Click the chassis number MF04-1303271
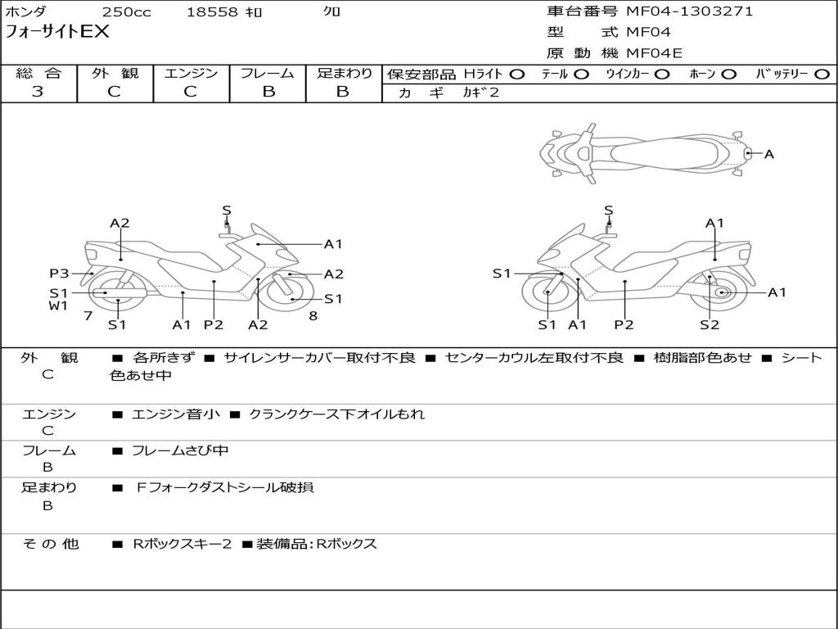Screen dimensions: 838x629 click(x=689, y=11)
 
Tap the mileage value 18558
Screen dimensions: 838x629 click(x=212, y=12)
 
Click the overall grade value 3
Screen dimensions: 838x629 click(x=38, y=92)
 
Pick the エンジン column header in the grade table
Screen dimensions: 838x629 click(x=191, y=74)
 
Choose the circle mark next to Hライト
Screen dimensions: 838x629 click(x=517, y=75)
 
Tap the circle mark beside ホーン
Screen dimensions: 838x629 click(x=729, y=75)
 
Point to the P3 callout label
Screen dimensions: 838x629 click(x=59, y=274)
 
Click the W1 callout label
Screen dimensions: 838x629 click(x=57, y=306)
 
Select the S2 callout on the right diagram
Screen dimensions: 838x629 click(x=709, y=324)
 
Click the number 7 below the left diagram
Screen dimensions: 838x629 click(x=88, y=315)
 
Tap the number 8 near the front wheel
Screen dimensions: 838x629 click(x=313, y=315)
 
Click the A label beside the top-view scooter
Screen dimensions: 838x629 click(x=768, y=153)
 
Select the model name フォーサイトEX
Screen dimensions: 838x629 click(x=57, y=33)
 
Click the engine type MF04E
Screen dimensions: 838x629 click(x=654, y=54)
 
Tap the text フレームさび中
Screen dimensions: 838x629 click(x=180, y=450)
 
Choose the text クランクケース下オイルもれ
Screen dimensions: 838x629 click(x=336, y=414)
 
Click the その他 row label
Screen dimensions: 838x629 click(x=50, y=544)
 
